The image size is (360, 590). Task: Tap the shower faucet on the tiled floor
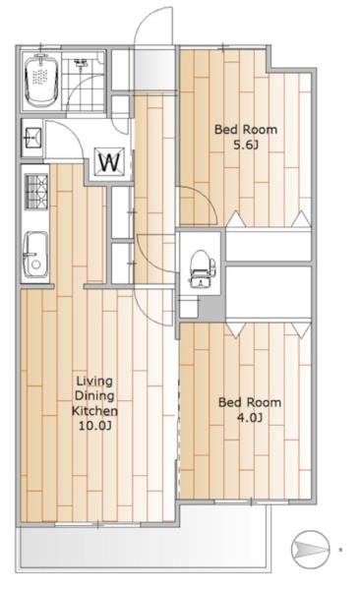(81, 63)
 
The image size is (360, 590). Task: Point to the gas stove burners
(36, 191)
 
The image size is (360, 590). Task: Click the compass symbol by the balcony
(311, 549)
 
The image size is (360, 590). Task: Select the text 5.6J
(246, 145)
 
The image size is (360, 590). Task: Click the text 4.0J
(250, 417)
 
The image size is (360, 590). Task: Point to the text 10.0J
(94, 425)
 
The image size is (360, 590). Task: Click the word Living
(94, 382)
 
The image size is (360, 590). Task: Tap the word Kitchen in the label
(94, 410)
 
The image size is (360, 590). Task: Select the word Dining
(94, 396)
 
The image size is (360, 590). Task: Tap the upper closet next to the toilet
(269, 245)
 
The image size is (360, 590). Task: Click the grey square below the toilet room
(211, 308)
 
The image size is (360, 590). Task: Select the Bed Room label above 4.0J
(250, 402)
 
